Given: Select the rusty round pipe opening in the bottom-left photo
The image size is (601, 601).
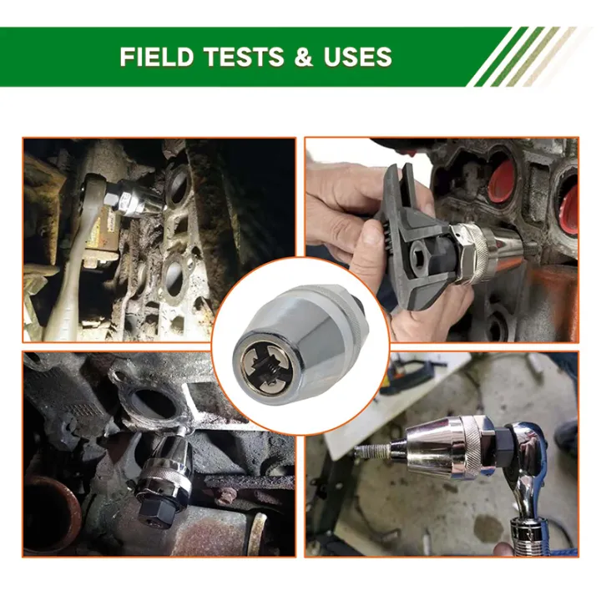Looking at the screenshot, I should (51, 513).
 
